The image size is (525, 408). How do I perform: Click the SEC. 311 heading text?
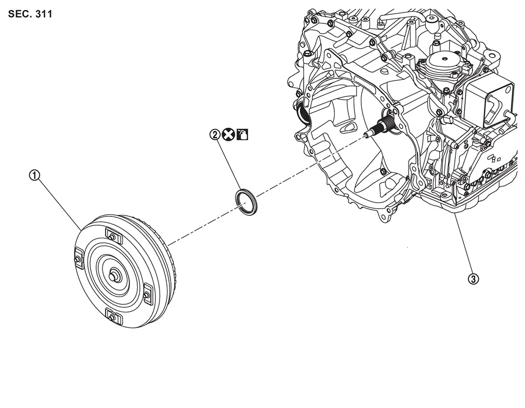30,14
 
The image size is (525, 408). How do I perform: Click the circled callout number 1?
34,175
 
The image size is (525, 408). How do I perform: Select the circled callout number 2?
215,134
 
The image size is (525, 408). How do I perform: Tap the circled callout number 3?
473,279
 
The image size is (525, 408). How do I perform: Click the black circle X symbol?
228,134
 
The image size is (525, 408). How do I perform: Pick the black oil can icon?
242,134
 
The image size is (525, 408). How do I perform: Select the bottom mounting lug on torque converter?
113,317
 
